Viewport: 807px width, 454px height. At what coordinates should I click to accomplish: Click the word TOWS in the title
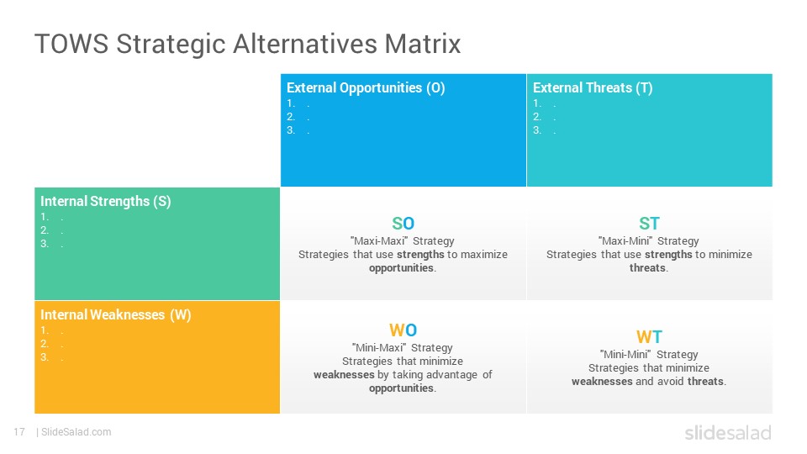tap(71, 43)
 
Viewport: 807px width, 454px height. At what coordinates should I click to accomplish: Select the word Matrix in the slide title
tap(423, 43)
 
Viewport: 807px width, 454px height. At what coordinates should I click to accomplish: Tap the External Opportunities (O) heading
tap(366, 88)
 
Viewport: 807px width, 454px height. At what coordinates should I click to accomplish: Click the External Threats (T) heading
tap(593, 88)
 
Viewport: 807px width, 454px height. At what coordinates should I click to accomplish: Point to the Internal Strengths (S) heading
tap(106, 201)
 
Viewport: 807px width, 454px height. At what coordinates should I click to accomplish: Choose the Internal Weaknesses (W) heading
tap(116, 314)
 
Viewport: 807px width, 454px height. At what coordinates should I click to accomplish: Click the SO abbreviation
tap(403, 224)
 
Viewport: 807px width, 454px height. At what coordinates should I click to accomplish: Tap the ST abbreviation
tap(649, 224)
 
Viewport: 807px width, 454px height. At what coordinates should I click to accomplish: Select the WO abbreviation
tap(403, 330)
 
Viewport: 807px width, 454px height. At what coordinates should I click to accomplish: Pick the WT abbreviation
tap(649, 336)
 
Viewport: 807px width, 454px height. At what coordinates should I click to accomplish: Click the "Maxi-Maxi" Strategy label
tap(403, 241)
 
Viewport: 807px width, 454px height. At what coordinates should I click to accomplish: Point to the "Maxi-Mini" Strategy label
tap(648, 241)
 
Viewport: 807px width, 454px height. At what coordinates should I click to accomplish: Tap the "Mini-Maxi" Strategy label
tap(403, 347)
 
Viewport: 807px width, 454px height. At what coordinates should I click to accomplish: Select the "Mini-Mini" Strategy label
tap(649, 354)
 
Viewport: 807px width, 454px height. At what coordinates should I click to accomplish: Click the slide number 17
tap(19, 432)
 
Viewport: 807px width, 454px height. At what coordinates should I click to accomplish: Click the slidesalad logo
tap(728, 432)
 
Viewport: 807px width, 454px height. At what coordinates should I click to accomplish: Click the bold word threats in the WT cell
tap(705, 382)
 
